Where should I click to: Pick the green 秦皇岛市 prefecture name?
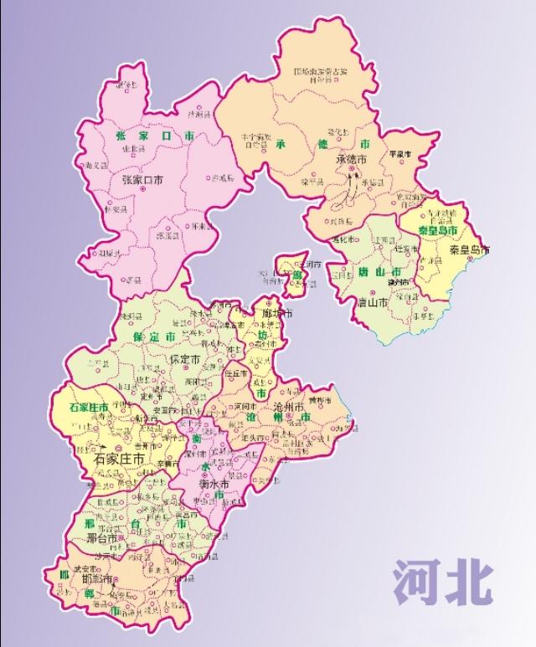[x=439, y=230]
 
